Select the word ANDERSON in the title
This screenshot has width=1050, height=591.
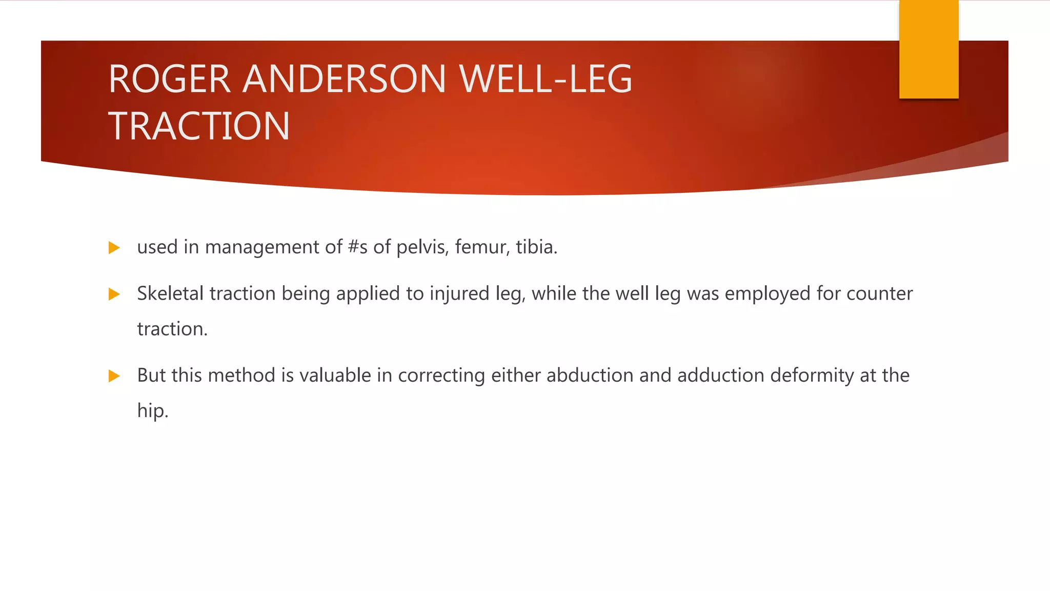344,80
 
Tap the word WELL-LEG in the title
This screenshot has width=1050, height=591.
546,80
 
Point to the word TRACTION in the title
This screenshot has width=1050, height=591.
199,126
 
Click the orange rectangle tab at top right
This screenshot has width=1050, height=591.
928,49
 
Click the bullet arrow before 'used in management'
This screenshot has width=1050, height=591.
114,248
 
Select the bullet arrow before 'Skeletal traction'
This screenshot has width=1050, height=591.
114,294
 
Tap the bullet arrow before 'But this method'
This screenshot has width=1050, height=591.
114,377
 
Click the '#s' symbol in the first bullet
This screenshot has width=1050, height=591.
357,247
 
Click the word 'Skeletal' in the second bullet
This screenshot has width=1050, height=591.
170,293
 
